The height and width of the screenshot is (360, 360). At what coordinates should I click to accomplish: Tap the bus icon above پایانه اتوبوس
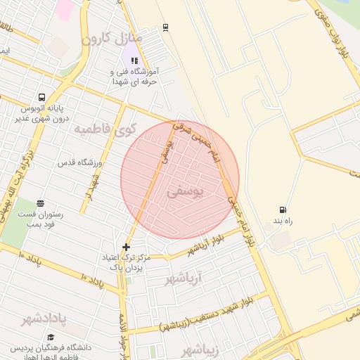[42, 98]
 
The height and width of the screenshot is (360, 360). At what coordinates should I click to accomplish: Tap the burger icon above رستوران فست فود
[40, 203]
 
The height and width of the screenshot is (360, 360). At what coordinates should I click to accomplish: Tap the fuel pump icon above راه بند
[283, 210]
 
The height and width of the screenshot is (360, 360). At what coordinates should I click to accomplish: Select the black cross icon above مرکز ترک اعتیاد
[126, 247]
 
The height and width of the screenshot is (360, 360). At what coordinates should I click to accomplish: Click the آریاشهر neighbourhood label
[188, 279]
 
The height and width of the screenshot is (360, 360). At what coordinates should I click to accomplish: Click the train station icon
[165, 27]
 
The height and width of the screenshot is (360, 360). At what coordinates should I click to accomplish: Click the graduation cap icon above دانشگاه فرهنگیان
[13, 347]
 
